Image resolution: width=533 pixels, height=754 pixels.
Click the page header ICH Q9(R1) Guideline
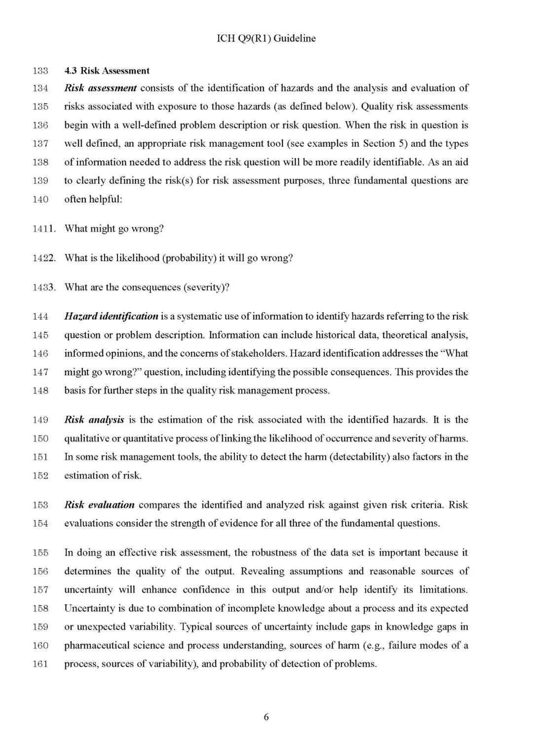point(266,39)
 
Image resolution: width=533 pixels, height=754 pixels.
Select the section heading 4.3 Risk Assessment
point(107,71)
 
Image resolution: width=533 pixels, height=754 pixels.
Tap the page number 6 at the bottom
point(266,717)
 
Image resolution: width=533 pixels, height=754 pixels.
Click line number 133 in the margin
point(40,71)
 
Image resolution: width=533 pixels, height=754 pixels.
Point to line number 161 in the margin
point(40,664)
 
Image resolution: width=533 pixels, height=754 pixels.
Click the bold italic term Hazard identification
point(111,317)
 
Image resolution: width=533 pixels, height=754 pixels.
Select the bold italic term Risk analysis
point(94,420)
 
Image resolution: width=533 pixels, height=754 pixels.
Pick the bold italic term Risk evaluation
point(99,505)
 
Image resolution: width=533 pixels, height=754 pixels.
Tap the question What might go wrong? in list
point(114,229)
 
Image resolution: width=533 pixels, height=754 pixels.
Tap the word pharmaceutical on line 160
point(96,646)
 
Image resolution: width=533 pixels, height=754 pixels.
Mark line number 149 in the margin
point(40,420)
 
